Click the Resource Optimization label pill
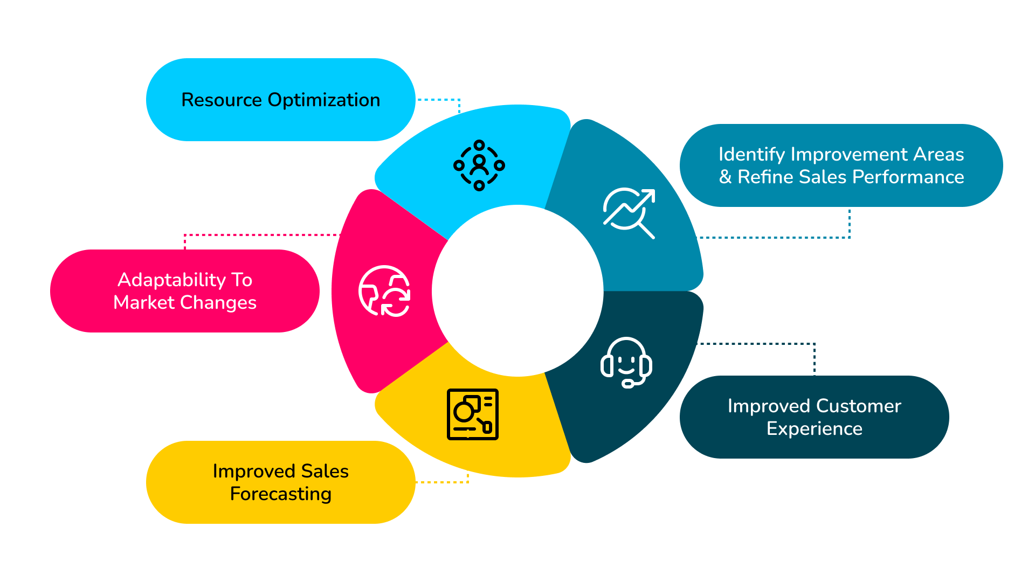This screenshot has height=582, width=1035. coord(280,100)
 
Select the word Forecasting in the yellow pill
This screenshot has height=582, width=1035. coord(280,494)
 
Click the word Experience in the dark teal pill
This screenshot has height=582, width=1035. coord(814,428)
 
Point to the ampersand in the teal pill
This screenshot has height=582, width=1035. coord(725,177)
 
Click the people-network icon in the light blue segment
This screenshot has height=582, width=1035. coord(479,165)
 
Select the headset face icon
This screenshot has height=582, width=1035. coord(626,362)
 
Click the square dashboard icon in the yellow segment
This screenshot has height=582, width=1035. coord(472,414)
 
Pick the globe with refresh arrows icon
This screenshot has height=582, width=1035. coord(384,291)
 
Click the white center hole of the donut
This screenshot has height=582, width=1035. coord(517,291)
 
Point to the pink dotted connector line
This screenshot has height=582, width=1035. coord(259,235)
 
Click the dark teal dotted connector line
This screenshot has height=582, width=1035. coord(755,343)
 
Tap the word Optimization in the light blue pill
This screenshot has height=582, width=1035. coord(323,100)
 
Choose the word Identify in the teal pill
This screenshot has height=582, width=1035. coord(751,154)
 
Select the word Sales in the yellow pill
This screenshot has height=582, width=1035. coord(325,471)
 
